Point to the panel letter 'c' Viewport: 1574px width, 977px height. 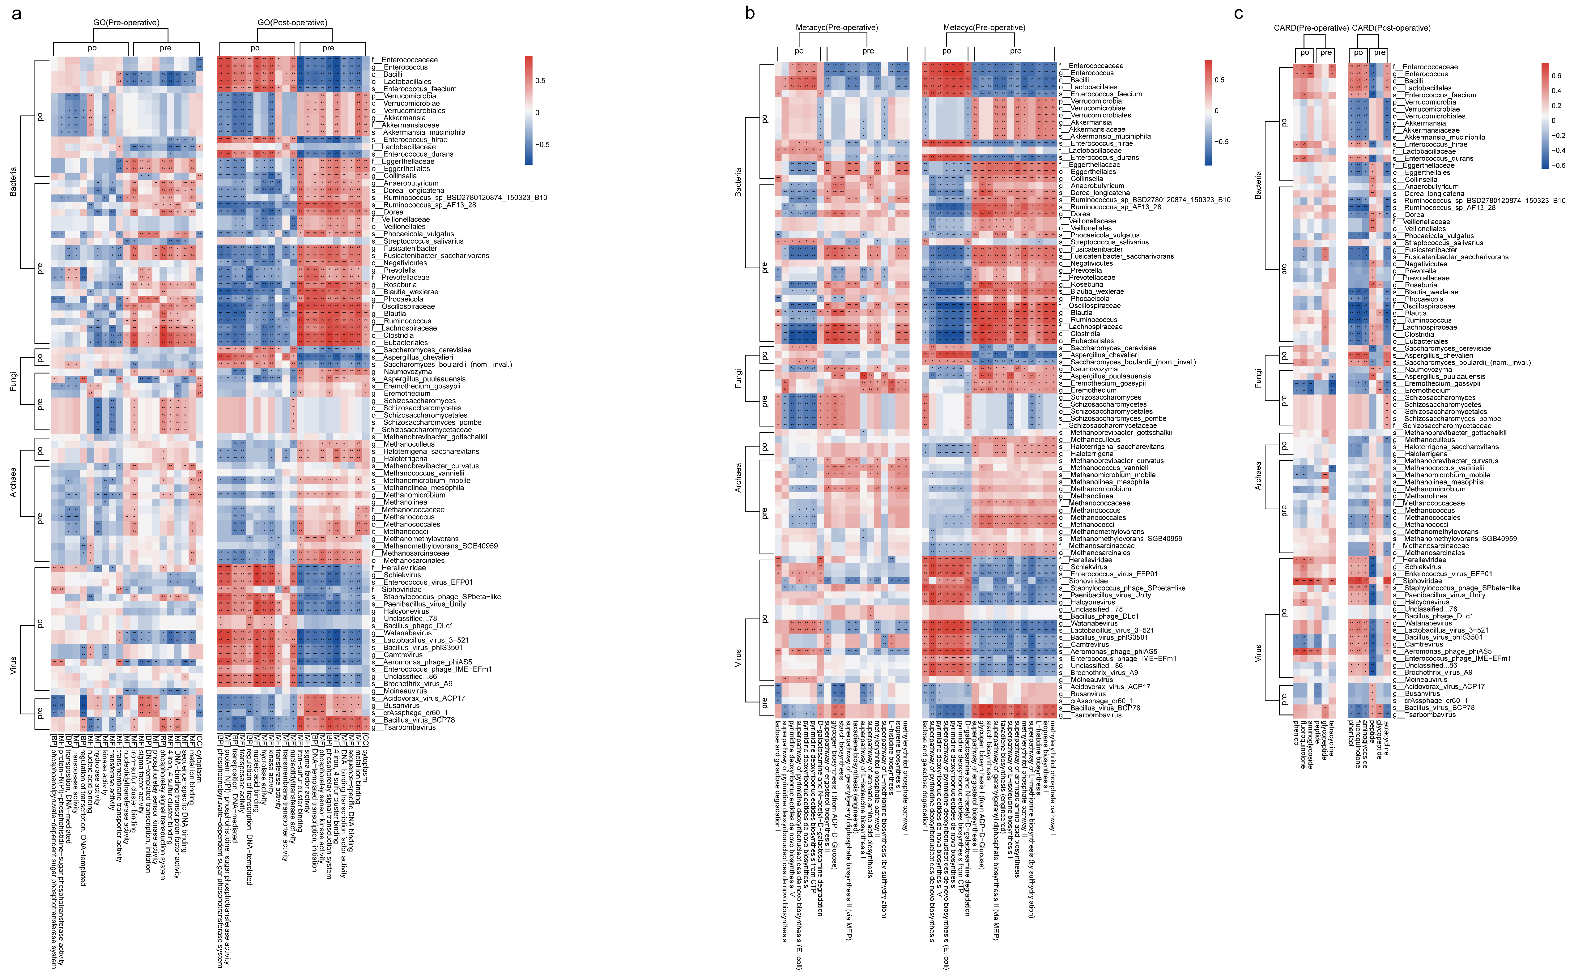click(x=1238, y=13)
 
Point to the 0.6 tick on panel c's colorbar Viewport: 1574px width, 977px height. click(x=1557, y=76)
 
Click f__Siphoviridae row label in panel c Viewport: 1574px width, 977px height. click(x=1421, y=581)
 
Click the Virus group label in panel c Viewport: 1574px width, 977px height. click(x=1257, y=653)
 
